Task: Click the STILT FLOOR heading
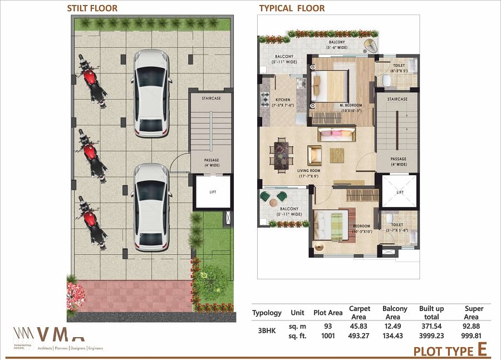pyautogui.click(x=92, y=8)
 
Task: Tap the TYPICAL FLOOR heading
pyautogui.click(x=292, y=8)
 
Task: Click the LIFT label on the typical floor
pyautogui.click(x=399, y=192)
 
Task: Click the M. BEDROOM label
pyautogui.click(x=351, y=105)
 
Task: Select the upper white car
pyautogui.click(x=150, y=93)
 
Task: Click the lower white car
pyautogui.click(x=150, y=206)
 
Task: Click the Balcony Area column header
pyautogui.click(x=395, y=313)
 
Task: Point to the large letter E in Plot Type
pyautogui.click(x=482, y=350)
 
